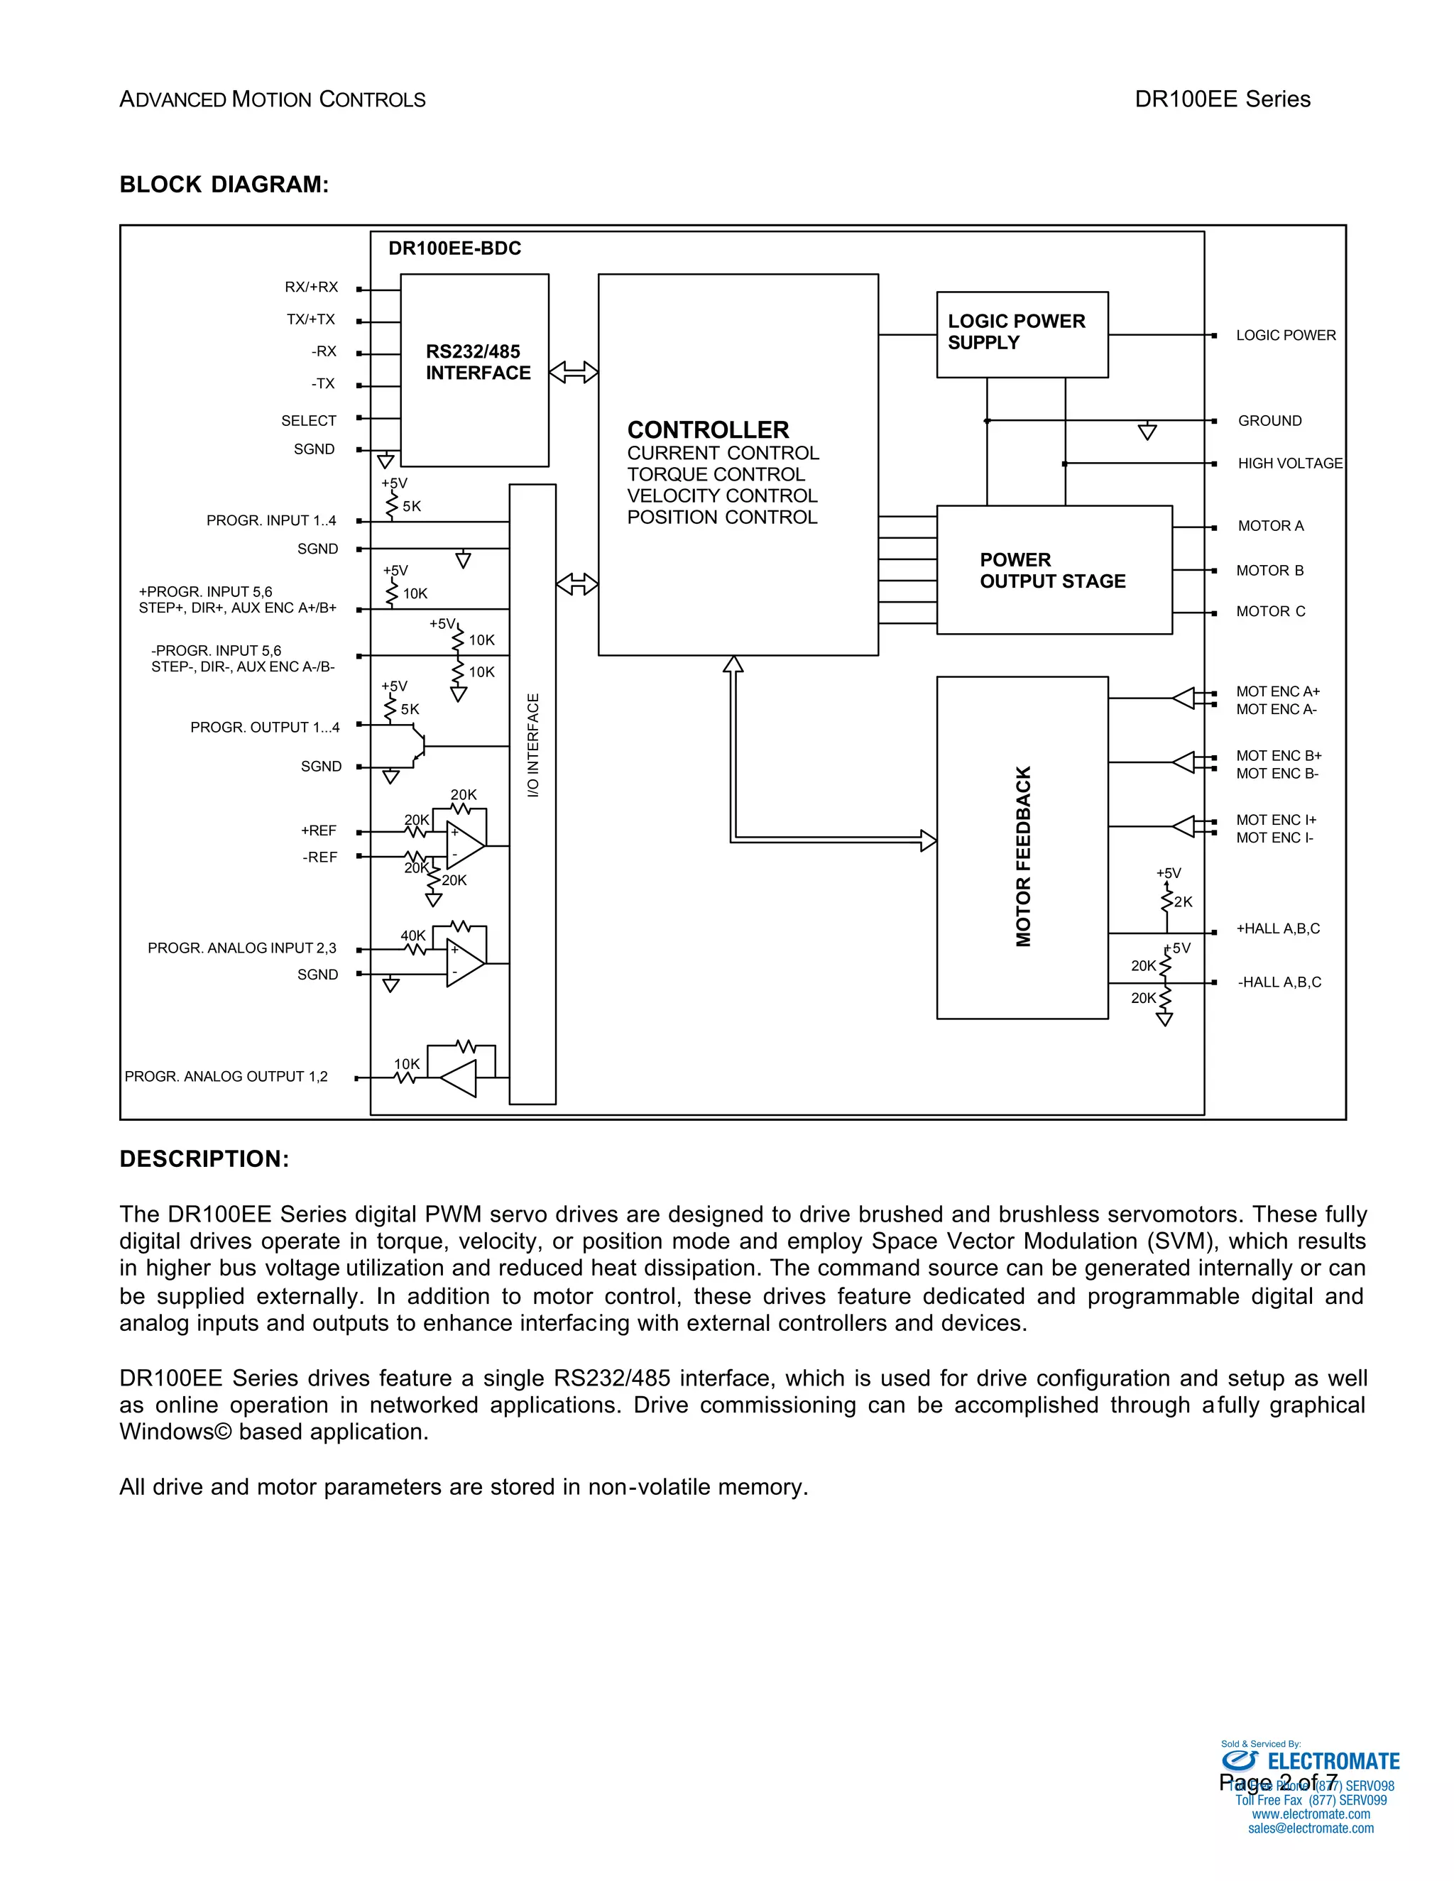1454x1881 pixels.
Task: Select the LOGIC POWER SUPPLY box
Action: pyautogui.click(x=1022, y=334)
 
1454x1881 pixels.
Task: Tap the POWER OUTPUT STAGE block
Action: pyautogui.click(x=1053, y=570)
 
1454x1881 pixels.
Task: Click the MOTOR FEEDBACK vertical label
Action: pyautogui.click(x=1023, y=856)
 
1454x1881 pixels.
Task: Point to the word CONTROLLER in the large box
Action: pyautogui.click(x=708, y=429)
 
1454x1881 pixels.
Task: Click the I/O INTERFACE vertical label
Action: pyautogui.click(x=533, y=745)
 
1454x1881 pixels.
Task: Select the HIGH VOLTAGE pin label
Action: pyautogui.click(x=1289, y=464)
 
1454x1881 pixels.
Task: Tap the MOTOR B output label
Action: pyautogui.click(x=1269, y=570)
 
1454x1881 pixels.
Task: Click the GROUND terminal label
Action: pyautogui.click(x=1269, y=420)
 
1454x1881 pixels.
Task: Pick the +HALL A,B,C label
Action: pyautogui.click(x=1277, y=928)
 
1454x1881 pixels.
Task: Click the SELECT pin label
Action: pyautogui.click(x=308, y=420)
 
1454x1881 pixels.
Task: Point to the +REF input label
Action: pyautogui.click(x=319, y=830)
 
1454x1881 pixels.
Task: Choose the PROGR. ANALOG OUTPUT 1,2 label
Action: pyautogui.click(x=226, y=1077)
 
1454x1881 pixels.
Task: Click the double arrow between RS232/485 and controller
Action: pyautogui.click(x=574, y=372)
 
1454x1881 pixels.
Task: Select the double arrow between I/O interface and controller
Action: pyautogui.click(x=577, y=584)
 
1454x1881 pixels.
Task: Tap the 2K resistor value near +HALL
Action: pyautogui.click(x=1184, y=901)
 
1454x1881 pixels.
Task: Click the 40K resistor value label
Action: pyautogui.click(x=412, y=936)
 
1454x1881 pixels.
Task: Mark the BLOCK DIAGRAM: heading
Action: pyautogui.click(x=224, y=185)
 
